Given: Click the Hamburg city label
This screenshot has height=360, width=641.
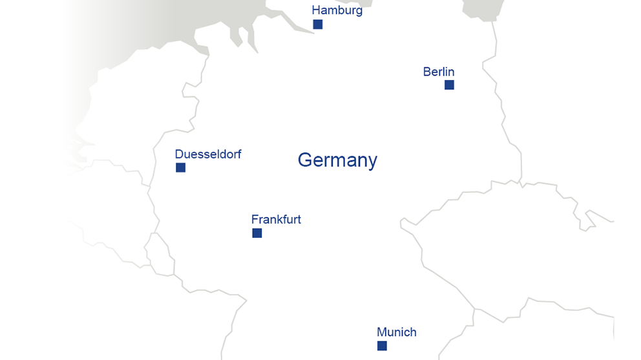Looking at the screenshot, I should coord(337,10).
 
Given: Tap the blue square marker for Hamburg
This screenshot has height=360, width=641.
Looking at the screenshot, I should coord(318,25).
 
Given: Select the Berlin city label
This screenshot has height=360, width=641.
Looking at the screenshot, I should coord(439,72).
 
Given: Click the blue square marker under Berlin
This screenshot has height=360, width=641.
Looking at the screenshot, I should coord(449,85).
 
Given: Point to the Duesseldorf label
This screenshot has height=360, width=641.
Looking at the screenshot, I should coord(207,154).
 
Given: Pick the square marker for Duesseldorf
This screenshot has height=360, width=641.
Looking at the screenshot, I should coord(181,168).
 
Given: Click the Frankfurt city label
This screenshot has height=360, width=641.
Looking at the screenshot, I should coord(276,219).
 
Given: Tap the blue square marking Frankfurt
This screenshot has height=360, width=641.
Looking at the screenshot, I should coord(257,233).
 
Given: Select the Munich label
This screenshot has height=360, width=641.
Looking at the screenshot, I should coord(396,332).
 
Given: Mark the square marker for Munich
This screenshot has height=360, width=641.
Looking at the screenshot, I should coord(382,346).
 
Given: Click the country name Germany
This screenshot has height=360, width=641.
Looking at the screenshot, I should coord(337,160).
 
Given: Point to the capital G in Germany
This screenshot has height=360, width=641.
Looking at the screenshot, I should coord(305,160).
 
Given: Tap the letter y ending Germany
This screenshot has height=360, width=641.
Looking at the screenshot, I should coord(372,162).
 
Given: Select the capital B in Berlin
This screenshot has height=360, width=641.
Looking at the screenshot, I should coord(427,72).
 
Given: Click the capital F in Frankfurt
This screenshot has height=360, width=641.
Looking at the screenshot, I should coord(255,219).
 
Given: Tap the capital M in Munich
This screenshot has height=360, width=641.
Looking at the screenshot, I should coord(382,332).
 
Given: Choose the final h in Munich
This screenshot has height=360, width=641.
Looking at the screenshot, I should coord(413,332).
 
